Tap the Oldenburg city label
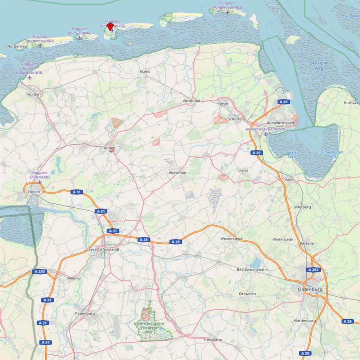[x=310, y=289]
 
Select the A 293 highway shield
[x=313, y=270]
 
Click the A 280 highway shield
[x=39, y=271]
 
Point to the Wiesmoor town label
[x=177, y=173]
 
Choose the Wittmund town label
[x=192, y=101]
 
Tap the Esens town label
[x=145, y=72]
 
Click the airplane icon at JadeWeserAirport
[x=266, y=134]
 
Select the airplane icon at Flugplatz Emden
[x=40, y=182]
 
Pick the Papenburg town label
[x=85, y=314]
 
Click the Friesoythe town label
[x=212, y=340]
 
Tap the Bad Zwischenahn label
[x=255, y=270]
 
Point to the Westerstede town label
[x=231, y=238]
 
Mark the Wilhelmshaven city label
[x=281, y=123]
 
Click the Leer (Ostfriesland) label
[x=103, y=249]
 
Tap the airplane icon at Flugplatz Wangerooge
[x=228, y=12]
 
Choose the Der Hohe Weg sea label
[x=319, y=66]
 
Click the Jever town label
[x=224, y=104]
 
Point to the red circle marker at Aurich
[x=112, y=150]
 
